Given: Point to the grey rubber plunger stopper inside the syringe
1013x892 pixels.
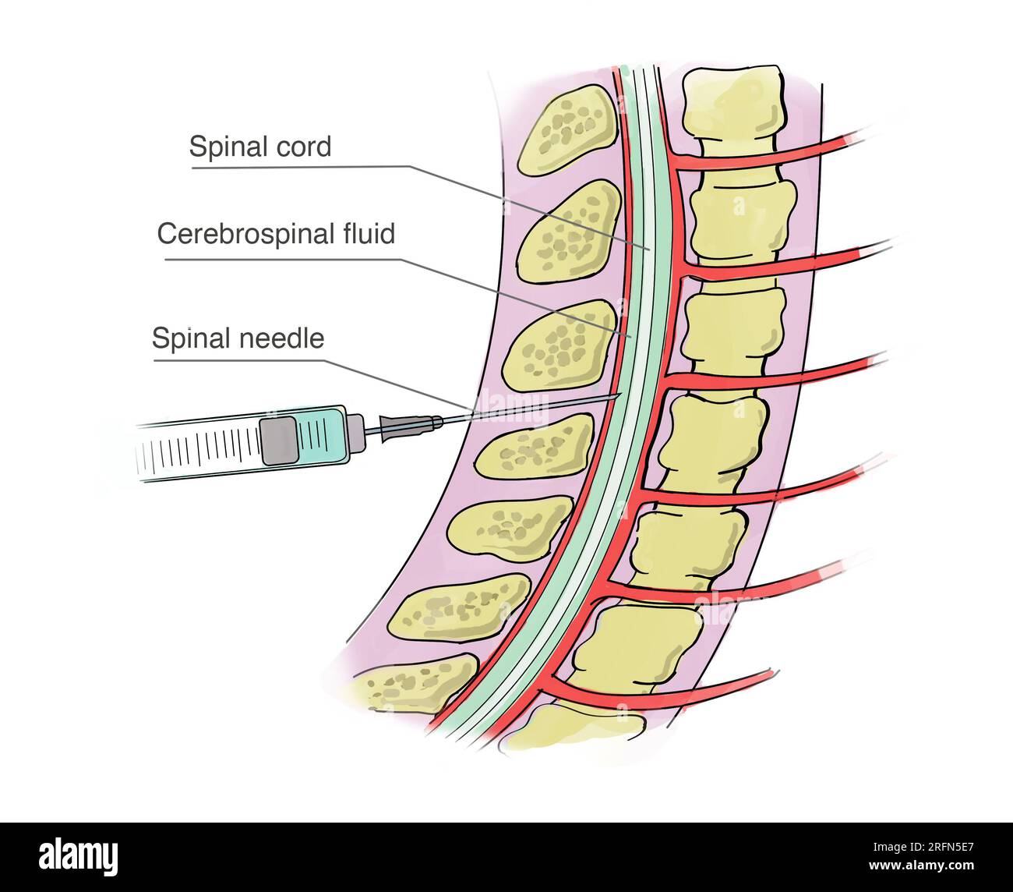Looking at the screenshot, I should click(278, 441).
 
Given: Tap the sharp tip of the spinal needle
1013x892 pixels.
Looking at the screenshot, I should click(619, 395).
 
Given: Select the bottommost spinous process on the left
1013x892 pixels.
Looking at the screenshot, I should click(413, 682).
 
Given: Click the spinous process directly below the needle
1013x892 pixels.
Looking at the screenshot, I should click(535, 446).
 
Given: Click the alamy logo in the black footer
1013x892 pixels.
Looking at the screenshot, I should click(79, 856).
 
